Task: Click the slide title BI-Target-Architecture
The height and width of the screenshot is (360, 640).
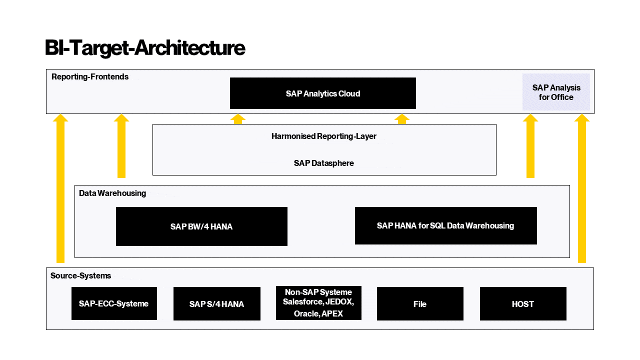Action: tap(145, 48)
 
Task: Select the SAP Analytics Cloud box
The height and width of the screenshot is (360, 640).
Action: tap(322, 93)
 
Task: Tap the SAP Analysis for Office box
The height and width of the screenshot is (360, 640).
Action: tap(556, 92)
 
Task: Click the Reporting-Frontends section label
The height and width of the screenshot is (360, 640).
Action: tap(90, 77)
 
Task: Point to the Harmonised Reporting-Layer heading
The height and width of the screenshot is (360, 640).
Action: tap(323, 136)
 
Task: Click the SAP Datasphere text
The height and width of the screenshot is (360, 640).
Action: tap(323, 163)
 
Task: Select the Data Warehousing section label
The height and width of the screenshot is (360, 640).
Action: tap(112, 193)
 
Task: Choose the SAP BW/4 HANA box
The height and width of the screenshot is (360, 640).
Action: tap(201, 226)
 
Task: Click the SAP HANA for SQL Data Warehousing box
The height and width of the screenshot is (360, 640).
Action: tap(445, 226)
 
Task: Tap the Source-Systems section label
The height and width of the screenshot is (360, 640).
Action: tap(80, 276)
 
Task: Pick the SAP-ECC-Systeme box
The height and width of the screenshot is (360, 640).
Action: tap(114, 303)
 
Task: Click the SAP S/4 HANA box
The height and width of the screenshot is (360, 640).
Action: tap(216, 304)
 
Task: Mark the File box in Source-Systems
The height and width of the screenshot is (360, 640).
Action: tap(420, 304)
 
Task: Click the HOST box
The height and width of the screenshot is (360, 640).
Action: tap(523, 304)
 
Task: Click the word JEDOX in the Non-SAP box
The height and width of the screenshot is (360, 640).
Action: tap(339, 302)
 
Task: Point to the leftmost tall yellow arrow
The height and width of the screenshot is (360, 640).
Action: tap(60, 190)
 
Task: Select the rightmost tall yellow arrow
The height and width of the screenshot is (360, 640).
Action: tap(581, 190)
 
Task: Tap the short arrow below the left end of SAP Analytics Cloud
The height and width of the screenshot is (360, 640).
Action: tap(237, 119)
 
